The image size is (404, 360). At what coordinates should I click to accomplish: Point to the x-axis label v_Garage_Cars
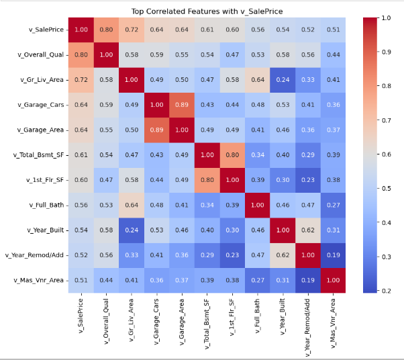coord(156,321)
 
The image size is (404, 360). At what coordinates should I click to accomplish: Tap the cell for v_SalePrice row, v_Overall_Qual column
coord(107,30)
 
